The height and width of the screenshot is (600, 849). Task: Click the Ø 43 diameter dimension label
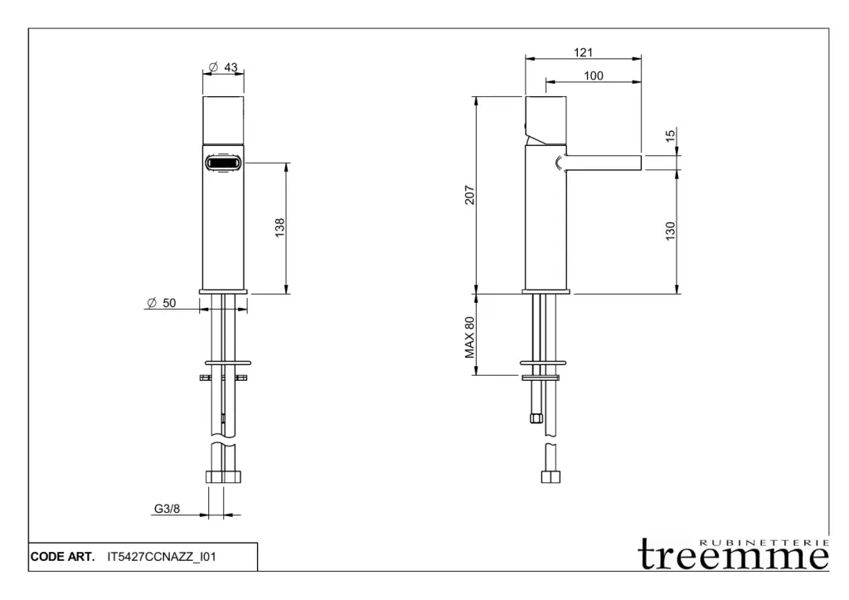tap(223, 67)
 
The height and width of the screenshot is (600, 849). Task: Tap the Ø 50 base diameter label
tap(162, 303)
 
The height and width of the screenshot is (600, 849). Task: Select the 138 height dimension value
tap(279, 227)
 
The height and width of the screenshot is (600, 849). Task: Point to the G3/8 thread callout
tap(167, 509)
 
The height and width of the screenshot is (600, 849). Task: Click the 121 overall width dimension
tap(583, 52)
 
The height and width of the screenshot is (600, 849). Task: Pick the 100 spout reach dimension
tap(594, 76)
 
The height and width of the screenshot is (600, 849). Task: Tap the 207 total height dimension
tap(469, 195)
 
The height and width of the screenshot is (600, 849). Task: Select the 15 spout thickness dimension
tap(670, 135)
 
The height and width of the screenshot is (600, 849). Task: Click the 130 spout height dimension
tap(670, 231)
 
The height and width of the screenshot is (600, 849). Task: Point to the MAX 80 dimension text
tap(469, 338)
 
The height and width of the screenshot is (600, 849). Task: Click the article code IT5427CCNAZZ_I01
tap(162, 557)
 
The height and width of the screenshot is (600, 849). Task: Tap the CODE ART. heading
tap(62, 557)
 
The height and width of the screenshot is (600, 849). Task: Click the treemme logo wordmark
tap(734, 554)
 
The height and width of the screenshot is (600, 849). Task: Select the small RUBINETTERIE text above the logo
tap(764, 542)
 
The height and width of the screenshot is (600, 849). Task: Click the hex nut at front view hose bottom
tap(223, 477)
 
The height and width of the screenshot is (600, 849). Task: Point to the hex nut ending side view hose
tap(551, 477)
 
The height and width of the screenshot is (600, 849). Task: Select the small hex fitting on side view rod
tap(536, 418)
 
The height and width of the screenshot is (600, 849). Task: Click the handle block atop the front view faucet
tap(223, 120)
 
